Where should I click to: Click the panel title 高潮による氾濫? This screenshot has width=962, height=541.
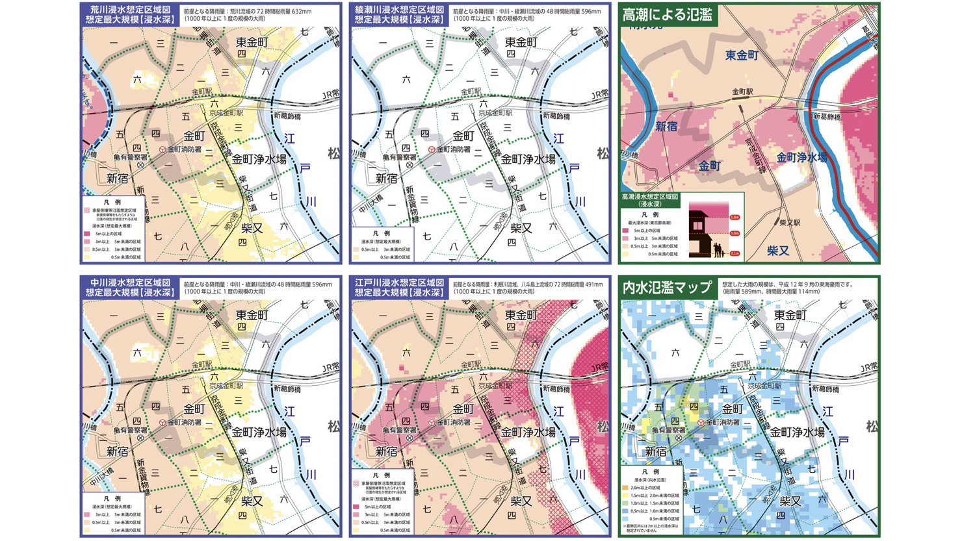pyautogui.click(x=667, y=14)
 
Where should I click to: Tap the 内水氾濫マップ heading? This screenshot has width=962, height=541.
pyautogui.click(x=667, y=288)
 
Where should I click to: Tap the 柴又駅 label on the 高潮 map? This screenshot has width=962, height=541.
pyautogui.click(x=790, y=223)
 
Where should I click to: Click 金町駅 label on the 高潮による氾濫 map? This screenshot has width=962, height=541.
pyautogui.click(x=742, y=92)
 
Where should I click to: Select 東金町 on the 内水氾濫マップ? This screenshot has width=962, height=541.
pyautogui.click(x=790, y=315)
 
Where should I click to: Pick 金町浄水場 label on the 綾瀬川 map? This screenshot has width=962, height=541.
pyautogui.click(x=528, y=159)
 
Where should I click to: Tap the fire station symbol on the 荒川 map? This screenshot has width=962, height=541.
pyautogui.click(x=162, y=149)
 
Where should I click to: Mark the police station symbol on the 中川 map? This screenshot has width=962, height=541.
pyautogui.click(x=140, y=438)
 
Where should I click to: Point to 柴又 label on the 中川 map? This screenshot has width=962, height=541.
pyautogui.click(x=252, y=501)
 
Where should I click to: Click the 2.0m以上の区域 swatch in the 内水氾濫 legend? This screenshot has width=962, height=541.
pyautogui.click(x=625, y=487)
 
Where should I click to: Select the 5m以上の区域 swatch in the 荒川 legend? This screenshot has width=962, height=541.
pyautogui.click(x=86, y=234)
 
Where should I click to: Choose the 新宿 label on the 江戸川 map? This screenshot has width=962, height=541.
pyautogui.click(x=386, y=451)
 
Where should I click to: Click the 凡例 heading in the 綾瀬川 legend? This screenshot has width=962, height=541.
pyautogui.click(x=382, y=233)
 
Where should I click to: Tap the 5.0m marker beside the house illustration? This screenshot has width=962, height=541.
pyautogui.click(x=734, y=218)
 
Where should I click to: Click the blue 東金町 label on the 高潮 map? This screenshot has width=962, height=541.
pyautogui.click(x=742, y=55)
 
